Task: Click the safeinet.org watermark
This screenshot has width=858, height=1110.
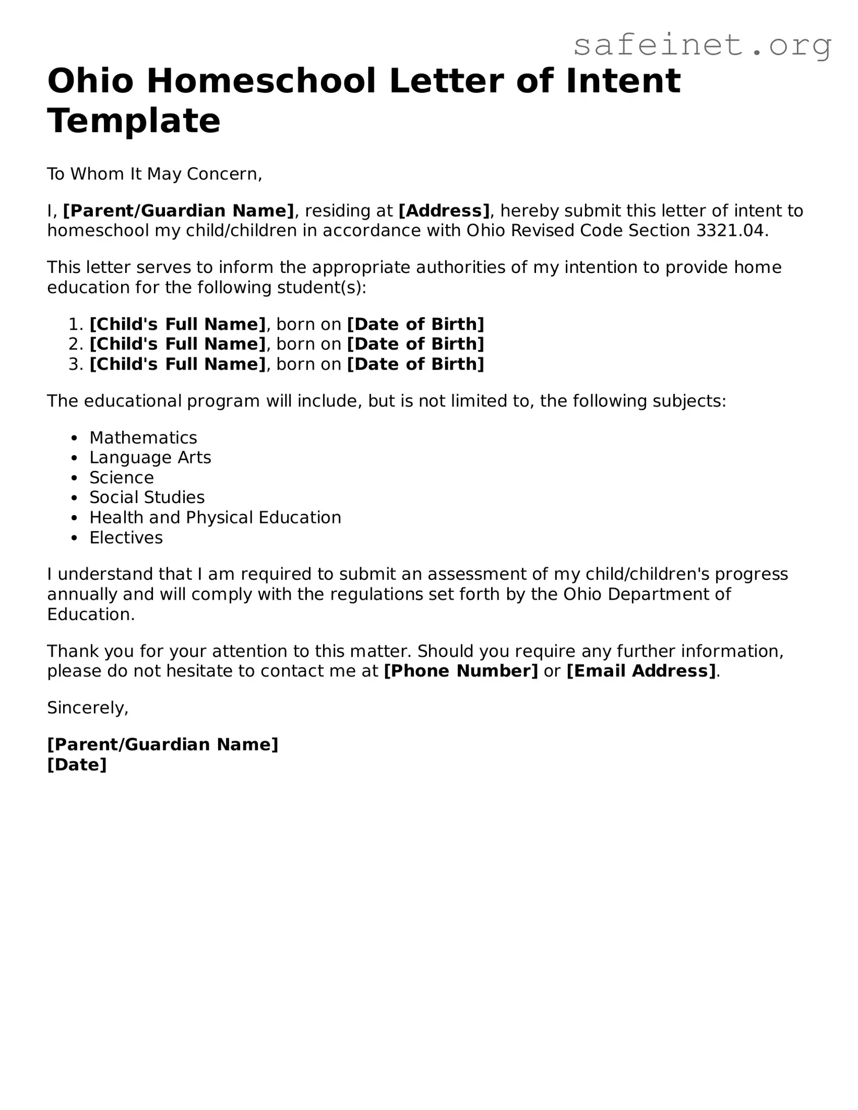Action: [702, 45]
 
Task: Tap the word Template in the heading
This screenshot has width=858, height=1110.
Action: [134, 121]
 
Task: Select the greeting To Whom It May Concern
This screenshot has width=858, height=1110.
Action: [154, 174]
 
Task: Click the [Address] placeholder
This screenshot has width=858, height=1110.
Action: [444, 211]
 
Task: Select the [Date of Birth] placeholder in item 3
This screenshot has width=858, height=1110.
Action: [415, 364]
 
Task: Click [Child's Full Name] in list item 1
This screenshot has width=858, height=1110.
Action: [177, 325]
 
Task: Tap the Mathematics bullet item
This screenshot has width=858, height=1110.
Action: [143, 438]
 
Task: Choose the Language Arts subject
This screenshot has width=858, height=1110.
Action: [150, 458]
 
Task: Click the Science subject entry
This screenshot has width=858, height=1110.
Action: [122, 478]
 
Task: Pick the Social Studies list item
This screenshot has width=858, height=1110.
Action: [147, 497]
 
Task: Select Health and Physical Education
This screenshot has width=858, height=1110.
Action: [215, 518]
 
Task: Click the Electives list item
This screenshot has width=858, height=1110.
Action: [126, 538]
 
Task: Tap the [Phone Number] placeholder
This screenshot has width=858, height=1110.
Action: [460, 671]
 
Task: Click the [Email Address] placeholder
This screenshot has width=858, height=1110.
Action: [641, 671]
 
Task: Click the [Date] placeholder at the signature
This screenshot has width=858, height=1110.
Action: [77, 765]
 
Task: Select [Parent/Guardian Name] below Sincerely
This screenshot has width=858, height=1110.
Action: [162, 745]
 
